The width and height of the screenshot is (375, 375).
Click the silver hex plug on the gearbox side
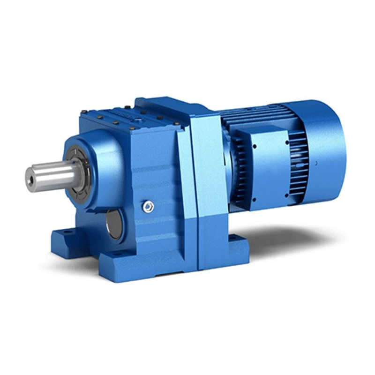[x=149, y=206]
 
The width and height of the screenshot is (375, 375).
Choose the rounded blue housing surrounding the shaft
[x=101, y=159]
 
